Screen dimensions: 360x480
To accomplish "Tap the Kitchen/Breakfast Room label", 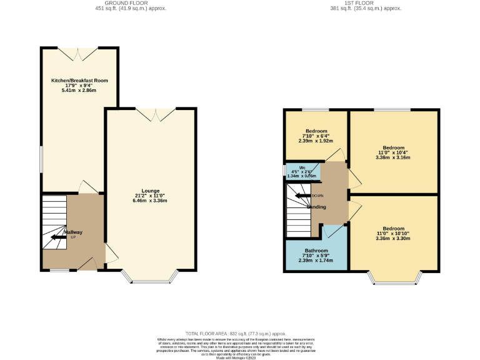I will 79,81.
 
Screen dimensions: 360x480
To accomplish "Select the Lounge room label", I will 150,191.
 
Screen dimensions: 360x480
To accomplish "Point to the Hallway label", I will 73,232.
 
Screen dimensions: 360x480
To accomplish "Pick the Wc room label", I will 302,168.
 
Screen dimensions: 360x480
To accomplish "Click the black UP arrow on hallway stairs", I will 58,237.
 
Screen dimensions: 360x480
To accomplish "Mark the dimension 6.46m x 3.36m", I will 150,201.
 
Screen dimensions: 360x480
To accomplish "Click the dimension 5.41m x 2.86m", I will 79,91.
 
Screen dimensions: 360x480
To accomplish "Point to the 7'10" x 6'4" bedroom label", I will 316,136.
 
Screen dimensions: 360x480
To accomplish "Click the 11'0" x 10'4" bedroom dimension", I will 394,153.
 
